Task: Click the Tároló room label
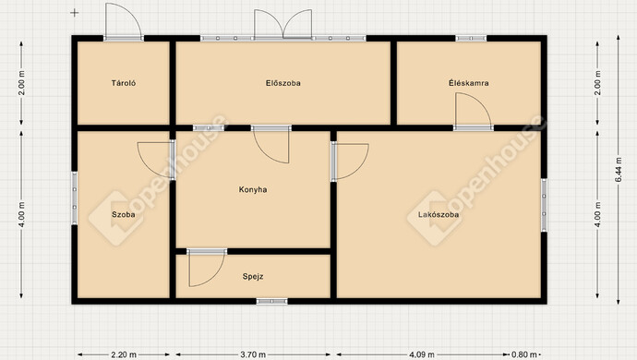click(x=124, y=83)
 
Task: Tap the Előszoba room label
click(x=283, y=83)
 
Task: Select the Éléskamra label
click(x=468, y=83)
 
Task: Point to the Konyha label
click(x=253, y=189)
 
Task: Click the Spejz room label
click(x=253, y=276)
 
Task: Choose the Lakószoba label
click(x=439, y=214)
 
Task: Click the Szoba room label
click(x=124, y=214)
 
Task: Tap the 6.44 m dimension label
click(x=619, y=170)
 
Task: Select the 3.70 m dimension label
click(x=253, y=354)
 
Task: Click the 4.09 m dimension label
click(x=422, y=354)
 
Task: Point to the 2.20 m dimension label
click(x=124, y=354)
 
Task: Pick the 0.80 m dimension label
click(x=524, y=354)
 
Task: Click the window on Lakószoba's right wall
click(x=544, y=205)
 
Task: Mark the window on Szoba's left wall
click(x=75, y=198)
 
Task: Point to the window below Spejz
click(x=271, y=302)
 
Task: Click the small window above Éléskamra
click(x=471, y=38)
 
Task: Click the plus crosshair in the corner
click(x=75, y=13)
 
